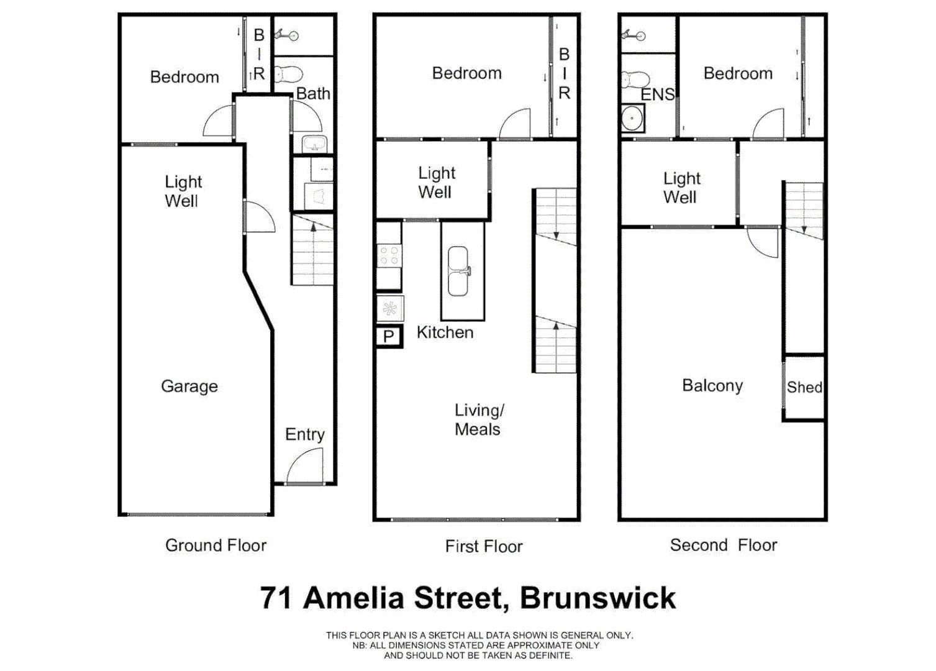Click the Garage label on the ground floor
(x=189, y=386)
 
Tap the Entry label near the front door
(x=304, y=434)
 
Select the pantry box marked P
(x=389, y=337)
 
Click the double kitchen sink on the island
(x=458, y=271)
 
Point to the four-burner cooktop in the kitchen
(x=389, y=255)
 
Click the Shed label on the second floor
(x=804, y=387)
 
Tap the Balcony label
(x=712, y=386)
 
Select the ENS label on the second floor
(x=657, y=94)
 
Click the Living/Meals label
(x=479, y=420)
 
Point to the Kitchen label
(x=445, y=332)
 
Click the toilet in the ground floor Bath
(x=287, y=75)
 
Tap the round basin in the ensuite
(x=633, y=117)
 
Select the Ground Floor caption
(x=216, y=545)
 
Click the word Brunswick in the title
(x=597, y=598)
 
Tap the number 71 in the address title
(x=276, y=598)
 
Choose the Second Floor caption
(x=724, y=545)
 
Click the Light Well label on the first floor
(x=436, y=183)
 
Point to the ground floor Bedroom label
(x=184, y=77)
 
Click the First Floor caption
(x=484, y=547)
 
